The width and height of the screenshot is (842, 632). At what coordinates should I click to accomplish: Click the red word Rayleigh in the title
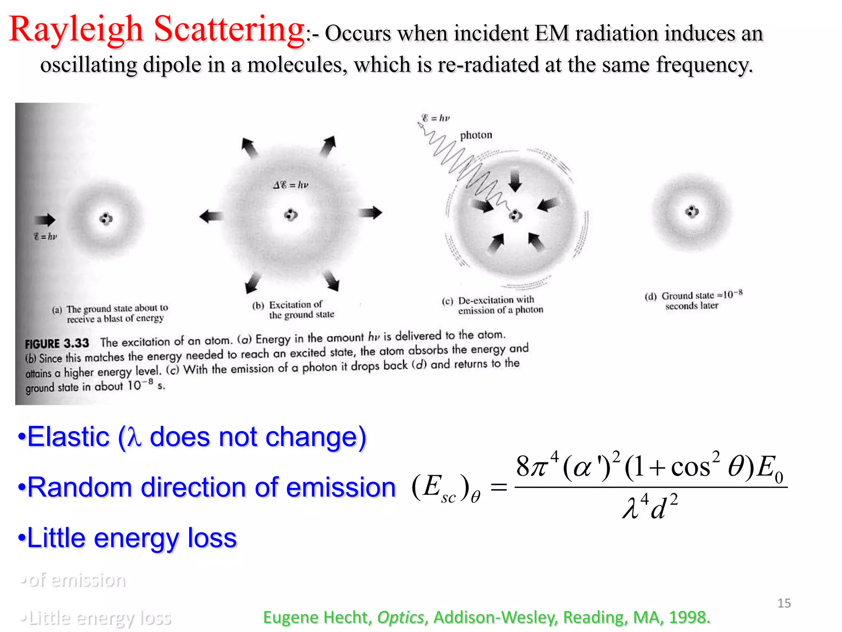(76, 30)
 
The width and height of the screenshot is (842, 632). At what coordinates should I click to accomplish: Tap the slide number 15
(784, 603)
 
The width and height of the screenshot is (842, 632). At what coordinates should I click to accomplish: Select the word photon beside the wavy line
(476, 135)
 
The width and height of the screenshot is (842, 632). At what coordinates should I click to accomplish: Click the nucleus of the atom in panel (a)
(106, 219)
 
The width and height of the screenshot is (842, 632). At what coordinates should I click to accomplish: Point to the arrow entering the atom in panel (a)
(45, 220)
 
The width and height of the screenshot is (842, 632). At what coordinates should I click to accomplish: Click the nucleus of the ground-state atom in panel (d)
(692, 212)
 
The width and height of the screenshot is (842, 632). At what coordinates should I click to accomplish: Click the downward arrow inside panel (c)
(515, 181)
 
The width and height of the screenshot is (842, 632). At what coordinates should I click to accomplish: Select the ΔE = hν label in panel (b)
(291, 185)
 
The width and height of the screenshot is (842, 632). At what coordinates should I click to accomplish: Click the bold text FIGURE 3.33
(57, 344)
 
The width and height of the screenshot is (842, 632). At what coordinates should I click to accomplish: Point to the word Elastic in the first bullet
(68, 437)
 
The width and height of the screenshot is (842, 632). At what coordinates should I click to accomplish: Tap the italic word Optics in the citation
(400, 617)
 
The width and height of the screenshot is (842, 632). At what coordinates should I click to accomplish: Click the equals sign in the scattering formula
(499, 488)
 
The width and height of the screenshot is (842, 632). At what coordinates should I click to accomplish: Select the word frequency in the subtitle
(704, 65)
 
